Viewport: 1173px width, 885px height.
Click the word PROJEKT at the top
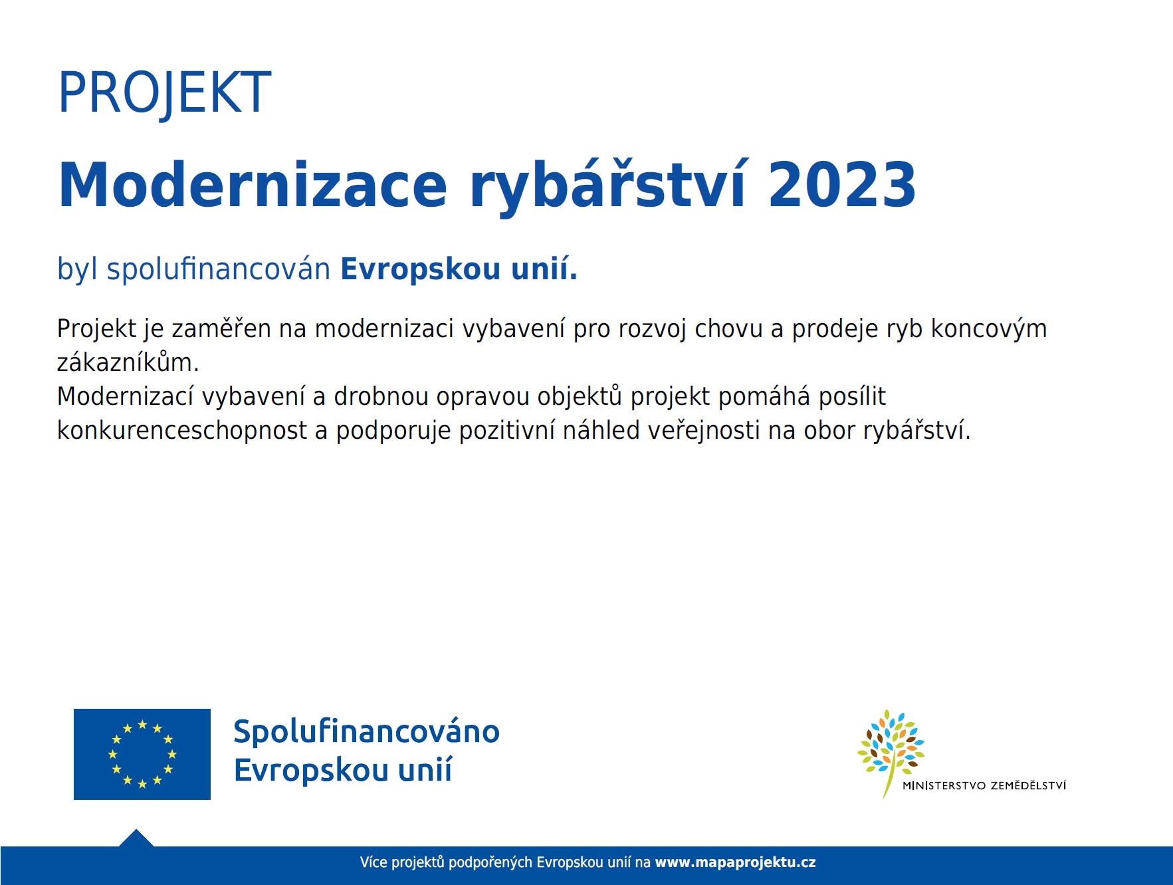click(165, 94)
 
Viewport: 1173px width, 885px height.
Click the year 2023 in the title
click(842, 184)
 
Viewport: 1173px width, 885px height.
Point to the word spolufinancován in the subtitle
click(219, 269)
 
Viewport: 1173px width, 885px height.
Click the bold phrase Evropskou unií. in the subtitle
click(459, 269)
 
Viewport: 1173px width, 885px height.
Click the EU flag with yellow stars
click(142, 754)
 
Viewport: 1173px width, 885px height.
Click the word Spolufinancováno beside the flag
click(366, 731)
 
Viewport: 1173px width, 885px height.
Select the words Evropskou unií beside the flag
click(343, 771)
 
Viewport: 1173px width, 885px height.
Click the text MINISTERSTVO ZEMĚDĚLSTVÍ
click(984, 785)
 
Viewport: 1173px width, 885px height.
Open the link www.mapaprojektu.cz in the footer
click(736, 863)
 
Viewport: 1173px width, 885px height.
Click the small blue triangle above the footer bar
click(136, 838)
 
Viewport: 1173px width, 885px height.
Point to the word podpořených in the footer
click(490, 863)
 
